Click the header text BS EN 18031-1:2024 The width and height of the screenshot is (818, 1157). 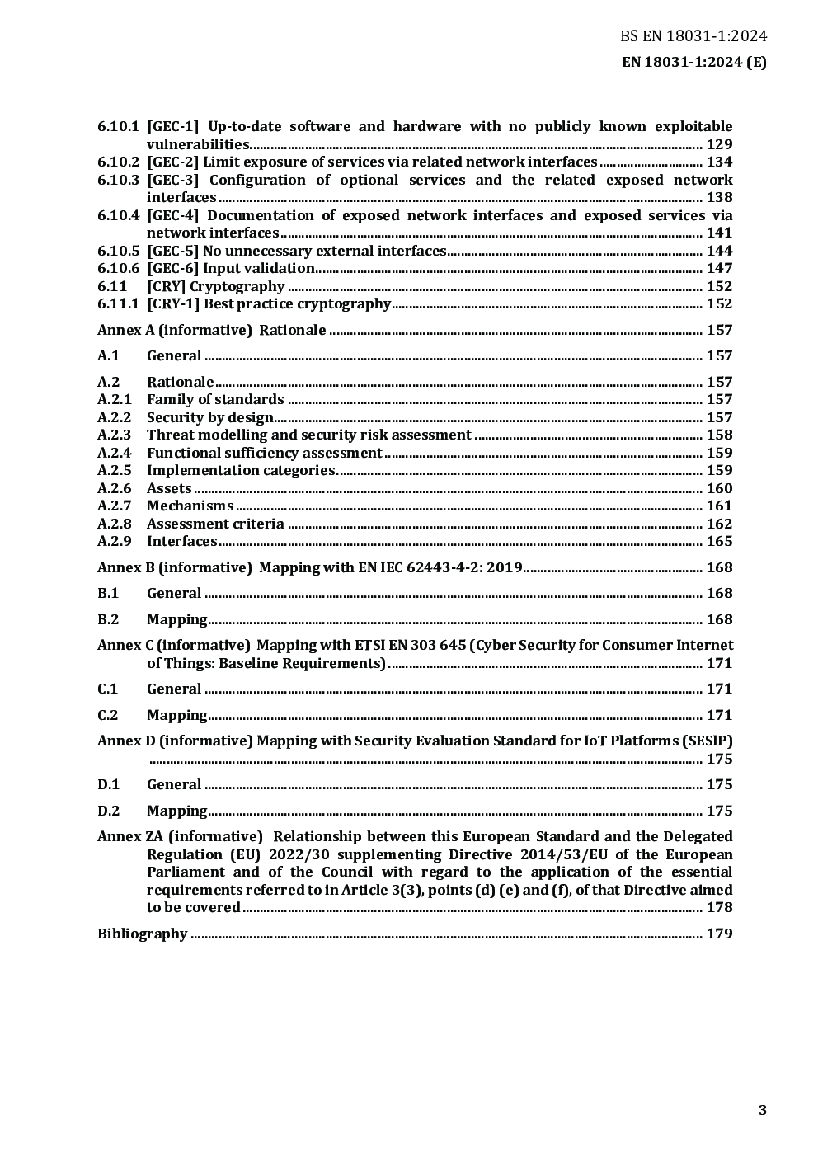693,35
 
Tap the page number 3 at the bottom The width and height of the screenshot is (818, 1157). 763,1110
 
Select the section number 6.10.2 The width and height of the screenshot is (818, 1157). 118,162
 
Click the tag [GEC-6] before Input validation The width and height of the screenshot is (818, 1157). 172,268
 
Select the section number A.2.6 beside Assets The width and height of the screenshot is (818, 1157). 114,488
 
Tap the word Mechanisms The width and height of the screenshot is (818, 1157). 190,506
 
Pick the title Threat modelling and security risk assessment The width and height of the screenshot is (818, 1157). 308,435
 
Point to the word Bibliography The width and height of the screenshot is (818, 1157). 142,934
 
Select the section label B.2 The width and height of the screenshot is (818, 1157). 108,619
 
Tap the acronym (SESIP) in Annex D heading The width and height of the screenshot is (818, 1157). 708,741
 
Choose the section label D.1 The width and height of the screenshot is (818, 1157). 108,784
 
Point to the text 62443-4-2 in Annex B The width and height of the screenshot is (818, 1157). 452,567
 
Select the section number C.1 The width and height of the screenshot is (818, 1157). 108,689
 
